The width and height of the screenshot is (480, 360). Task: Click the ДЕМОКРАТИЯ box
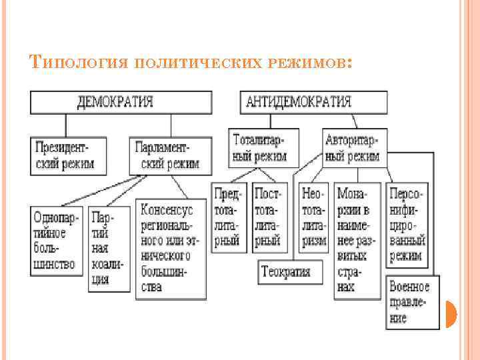(121, 102)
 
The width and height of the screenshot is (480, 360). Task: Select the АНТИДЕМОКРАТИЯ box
(313, 102)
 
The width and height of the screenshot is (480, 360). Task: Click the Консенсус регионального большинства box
(170, 248)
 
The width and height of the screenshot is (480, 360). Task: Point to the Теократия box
(285, 271)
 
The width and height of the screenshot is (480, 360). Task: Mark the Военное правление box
(412, 302)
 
